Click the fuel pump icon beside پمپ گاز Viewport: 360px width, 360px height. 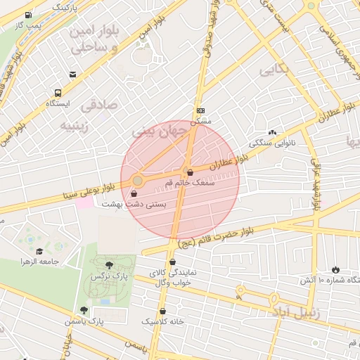click(27, 15)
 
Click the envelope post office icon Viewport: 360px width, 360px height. click(72, 74)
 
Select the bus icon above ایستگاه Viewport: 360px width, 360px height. click(57, 92)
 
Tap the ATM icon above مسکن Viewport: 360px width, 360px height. click(200, 110)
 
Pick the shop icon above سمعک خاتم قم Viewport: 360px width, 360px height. click(189, 172)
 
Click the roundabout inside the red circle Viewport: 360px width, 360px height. click(138, 181)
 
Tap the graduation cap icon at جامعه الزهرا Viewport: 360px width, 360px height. click(39, 252)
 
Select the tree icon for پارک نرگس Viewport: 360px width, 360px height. click(108, 265)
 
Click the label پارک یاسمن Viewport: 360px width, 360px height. click(105, 321)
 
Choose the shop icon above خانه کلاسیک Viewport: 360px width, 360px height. click(163, 311)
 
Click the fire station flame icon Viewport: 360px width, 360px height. click(335, 269)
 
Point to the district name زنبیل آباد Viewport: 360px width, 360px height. click(295, 311)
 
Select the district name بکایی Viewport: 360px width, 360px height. click(274, 70)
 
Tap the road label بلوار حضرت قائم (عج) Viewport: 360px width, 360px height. click(215, 238)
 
